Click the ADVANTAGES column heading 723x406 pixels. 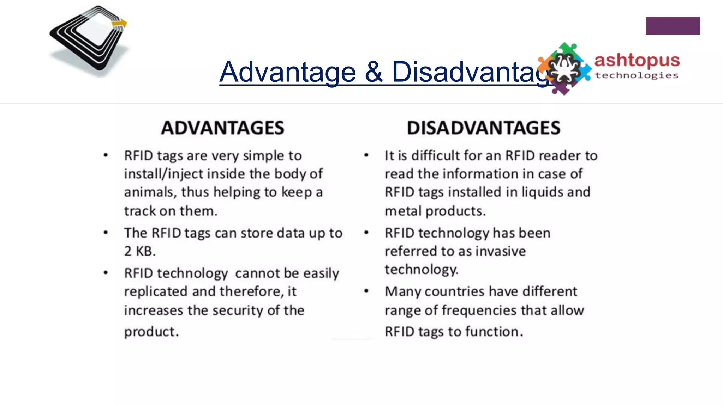pyautogui.click(x=222, y=128)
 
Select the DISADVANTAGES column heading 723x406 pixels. pyautogui.click(x=483, y=128)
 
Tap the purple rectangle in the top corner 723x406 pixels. pyautogui.click(x=673, y=26)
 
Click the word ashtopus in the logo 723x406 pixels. pyautogui.click(x=637, y=61)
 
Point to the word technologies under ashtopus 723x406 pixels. pyautogui.click(x=637, y=75)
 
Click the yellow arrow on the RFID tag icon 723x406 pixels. pyautogui.click(x=119, y=24)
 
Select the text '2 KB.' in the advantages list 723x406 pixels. pyautogui.click(x=140, y=251)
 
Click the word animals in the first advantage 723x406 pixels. pyautogui.click(x=150, y=192)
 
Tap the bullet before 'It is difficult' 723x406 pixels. pyautogui.click(x=366, y=155)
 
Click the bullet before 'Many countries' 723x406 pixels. pyautogui.click(x=366, y=291)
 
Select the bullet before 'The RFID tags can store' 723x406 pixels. pyautogui.click(x=106, y=233)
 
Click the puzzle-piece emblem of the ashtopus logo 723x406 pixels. pyautogui.click(x=564, y=69)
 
